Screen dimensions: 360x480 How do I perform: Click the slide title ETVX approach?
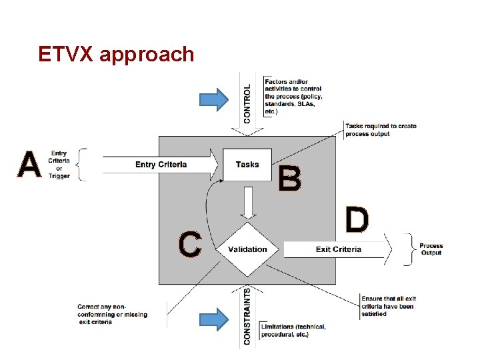[116, 54]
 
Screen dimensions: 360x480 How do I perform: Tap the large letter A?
[29, 165]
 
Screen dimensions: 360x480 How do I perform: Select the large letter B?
[289, 179]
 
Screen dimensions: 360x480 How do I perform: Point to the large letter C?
[190, 244]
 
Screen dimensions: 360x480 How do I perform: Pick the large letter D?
[357, 220]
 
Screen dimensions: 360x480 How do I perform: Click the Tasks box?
[247, 165]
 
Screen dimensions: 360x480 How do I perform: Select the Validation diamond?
[247, 249]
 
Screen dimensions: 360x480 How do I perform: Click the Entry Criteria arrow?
[160, 165]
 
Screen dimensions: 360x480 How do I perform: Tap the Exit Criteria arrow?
[337, 249]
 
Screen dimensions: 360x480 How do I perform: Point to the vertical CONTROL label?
[248, 103]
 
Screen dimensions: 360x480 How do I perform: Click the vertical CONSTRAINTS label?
[248, 316]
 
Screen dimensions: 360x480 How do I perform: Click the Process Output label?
[431, 249]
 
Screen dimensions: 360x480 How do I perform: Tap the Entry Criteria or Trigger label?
[59, 165]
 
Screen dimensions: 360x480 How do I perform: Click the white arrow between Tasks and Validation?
[248, 203]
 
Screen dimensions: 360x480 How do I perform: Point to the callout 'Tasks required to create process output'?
[381, 129]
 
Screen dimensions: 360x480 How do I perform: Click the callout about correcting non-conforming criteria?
[113, 314]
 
